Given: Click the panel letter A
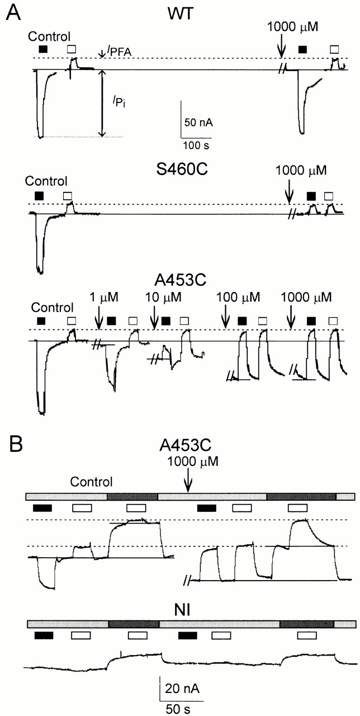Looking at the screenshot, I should (13, 13).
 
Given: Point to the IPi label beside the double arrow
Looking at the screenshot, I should (120, 101).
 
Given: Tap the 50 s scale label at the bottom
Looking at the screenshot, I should (178, 706).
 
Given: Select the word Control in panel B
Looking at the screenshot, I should (92, 482).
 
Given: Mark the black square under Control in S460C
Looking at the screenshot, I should (39, 195).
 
